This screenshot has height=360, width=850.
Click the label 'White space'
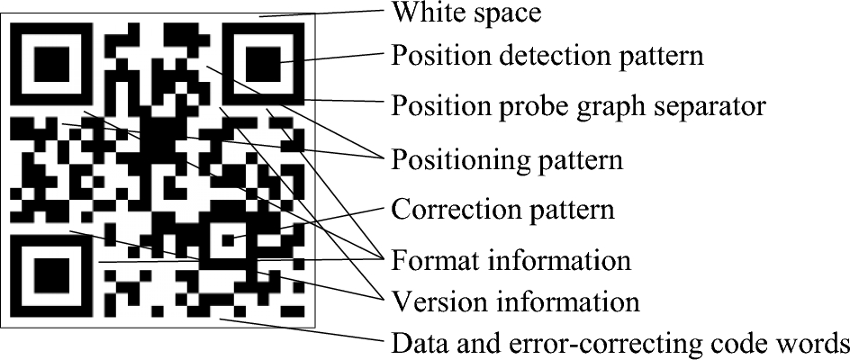coord(466,13)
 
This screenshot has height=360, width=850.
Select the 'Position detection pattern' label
coord(547,58)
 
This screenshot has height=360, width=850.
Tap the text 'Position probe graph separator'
coord(578,107)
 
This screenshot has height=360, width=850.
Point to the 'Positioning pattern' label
coord(507,161)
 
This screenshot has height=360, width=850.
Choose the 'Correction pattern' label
coord(502,211)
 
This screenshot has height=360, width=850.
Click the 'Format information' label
coord(511,261)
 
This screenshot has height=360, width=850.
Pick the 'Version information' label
coord(515,300)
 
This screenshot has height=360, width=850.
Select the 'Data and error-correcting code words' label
coord(619,343)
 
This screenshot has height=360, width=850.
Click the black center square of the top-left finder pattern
coord(51,63)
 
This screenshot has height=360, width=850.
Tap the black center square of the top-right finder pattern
coord(267,63)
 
